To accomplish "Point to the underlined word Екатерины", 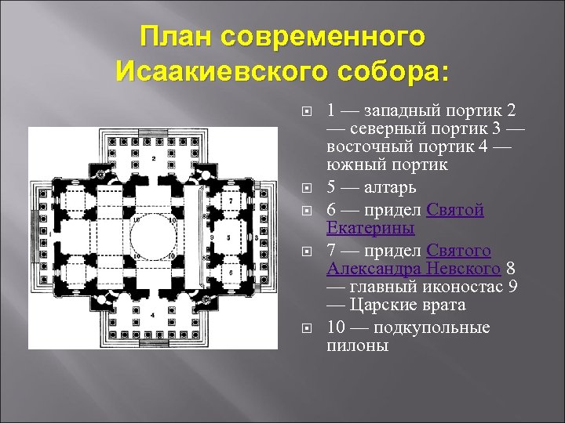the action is pos(370,229).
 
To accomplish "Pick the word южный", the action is pos(351,166).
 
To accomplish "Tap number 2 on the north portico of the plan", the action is pos(154,159).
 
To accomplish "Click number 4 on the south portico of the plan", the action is pos(154,315).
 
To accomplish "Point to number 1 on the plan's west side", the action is pos(49,234).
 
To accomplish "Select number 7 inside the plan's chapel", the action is pos(231,201).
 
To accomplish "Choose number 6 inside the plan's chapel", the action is pos(231,270).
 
